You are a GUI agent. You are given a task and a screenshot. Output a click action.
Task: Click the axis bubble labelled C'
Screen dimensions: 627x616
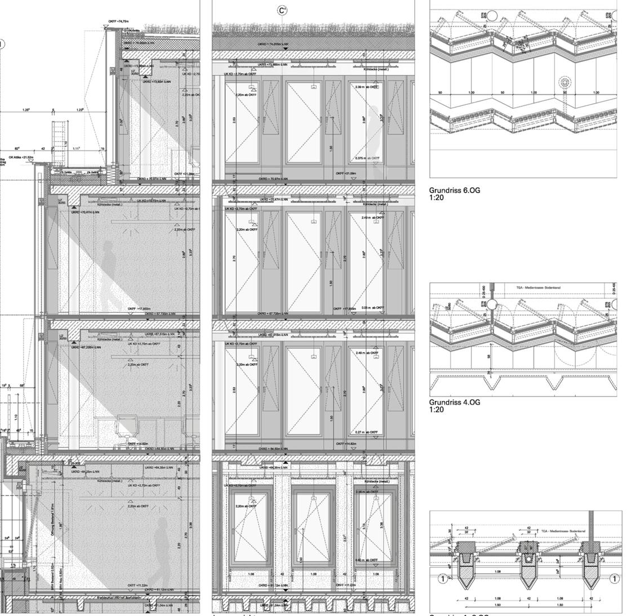(282, 10)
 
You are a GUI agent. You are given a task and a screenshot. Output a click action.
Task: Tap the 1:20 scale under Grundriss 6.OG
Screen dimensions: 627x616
(436, 197)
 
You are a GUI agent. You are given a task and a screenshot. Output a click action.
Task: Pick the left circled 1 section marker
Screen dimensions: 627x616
(443, 578)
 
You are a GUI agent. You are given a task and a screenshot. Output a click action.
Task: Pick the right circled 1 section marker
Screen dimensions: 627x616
(614, 578)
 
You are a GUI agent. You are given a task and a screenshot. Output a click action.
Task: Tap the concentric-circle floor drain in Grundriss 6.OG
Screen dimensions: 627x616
(564, 83)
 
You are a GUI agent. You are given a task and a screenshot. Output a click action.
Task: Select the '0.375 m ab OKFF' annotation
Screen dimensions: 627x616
(368, 158)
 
